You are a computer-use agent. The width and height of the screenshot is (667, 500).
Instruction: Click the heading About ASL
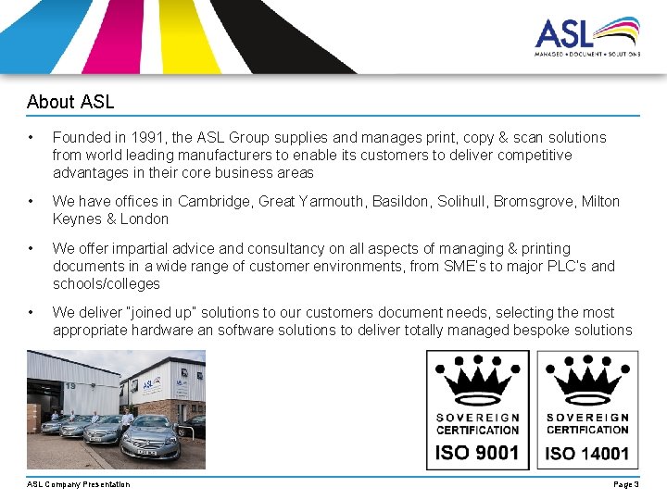pos(70,101)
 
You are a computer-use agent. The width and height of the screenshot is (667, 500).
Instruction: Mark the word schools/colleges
pos(107,283)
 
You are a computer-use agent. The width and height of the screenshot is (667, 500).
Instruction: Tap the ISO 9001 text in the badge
pos(477,453)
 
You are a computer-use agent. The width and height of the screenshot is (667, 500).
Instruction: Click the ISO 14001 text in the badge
pos(587,453)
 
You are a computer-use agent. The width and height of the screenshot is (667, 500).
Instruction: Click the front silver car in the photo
pos(150,438)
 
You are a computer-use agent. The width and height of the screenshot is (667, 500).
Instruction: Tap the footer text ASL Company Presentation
pos(79,484)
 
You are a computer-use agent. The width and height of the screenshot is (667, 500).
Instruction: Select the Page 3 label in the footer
pos(625,484)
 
